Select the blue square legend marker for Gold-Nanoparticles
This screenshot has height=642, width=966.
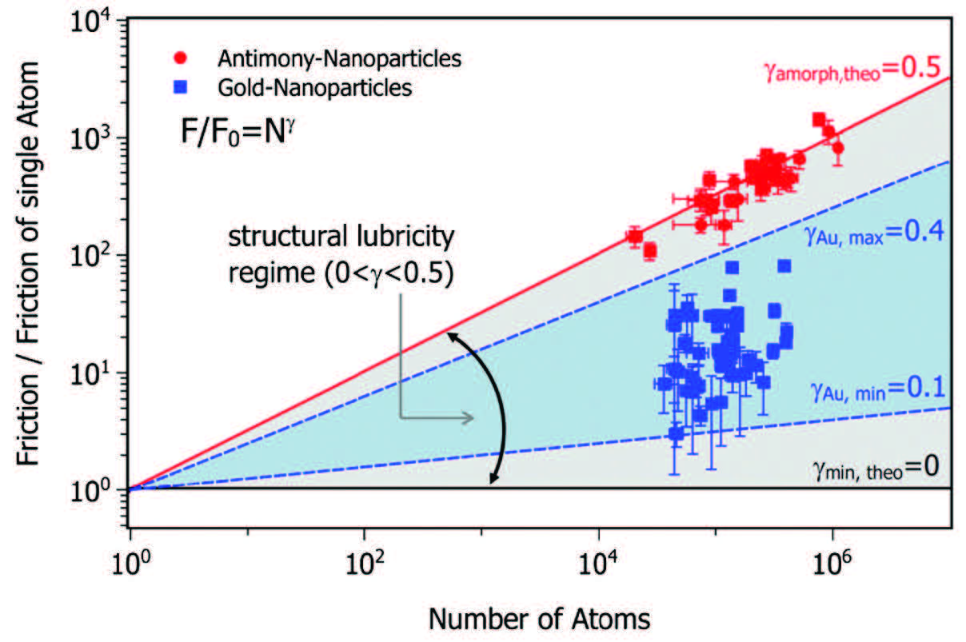(182, 87)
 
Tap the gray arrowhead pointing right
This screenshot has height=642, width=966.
(469, 417)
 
